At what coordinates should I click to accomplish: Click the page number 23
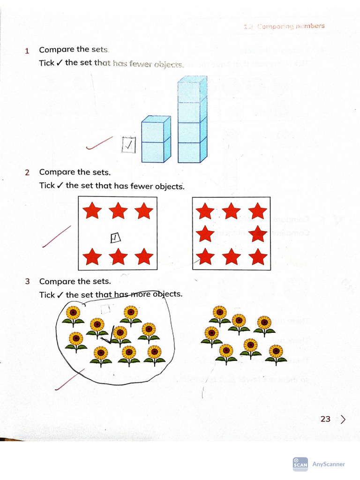[325, 419]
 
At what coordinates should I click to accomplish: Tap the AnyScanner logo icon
[300, 464]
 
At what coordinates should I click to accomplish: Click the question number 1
[27, 51]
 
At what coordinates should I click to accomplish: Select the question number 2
[27, 172]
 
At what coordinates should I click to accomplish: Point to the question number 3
[27, 282]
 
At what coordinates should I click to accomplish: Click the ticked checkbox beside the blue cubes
[128, 145]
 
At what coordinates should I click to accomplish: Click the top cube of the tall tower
[192, 89]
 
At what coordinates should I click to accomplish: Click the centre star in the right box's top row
[231, 212]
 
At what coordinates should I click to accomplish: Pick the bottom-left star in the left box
[92, 256]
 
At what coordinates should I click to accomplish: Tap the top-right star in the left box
[143, 211]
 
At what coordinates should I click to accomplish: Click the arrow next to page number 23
[344, 419]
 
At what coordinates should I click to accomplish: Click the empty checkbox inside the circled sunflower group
[106, 308]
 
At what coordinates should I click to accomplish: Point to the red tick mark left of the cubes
[99, 143]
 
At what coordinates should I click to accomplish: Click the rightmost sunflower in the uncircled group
[276, 354]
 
